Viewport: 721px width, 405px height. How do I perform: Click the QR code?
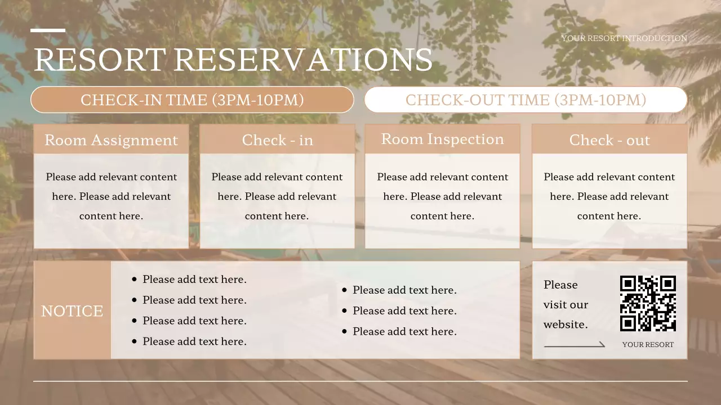point(648,303)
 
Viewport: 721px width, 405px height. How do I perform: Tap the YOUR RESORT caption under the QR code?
point(648,345)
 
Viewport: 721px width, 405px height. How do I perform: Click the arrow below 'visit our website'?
point(575,345)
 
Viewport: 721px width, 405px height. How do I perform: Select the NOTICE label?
point(72,311)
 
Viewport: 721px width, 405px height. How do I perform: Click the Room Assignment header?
point(111,140)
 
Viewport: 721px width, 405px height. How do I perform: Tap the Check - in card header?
point(277,140)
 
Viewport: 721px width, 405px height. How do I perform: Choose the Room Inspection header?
point(442,139)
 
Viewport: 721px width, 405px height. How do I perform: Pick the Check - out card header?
point(609,140)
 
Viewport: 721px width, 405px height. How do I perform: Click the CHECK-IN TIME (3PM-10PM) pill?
point(192,100)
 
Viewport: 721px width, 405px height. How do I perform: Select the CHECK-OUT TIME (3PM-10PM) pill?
point(526,100)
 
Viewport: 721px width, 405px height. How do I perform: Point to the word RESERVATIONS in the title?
point(303,60)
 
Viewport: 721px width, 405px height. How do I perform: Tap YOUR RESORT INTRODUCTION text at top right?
point(624,38)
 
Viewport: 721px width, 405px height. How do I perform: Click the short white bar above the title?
point(48,30)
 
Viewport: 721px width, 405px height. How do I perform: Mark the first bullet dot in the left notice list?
point(134,280)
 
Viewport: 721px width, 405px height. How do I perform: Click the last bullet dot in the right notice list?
point(345,332)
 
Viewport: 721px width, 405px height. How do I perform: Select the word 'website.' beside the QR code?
point(566,325)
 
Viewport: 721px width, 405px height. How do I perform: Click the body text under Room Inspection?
point(442,196)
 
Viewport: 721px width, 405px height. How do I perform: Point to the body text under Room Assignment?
point(111,196)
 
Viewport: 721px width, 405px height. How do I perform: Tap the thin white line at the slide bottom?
point(360,381)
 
